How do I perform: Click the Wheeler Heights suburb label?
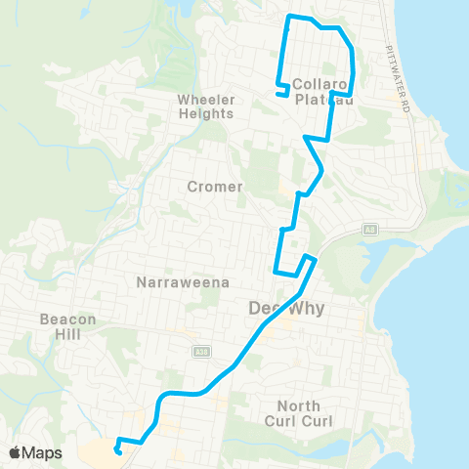[206, 106]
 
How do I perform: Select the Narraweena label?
[183, 282]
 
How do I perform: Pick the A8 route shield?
[370, 231]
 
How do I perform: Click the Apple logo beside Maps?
[15, 452]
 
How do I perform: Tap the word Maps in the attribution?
[42, 452]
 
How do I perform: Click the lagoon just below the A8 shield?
[386, 256]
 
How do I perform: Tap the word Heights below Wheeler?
[206, 113]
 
